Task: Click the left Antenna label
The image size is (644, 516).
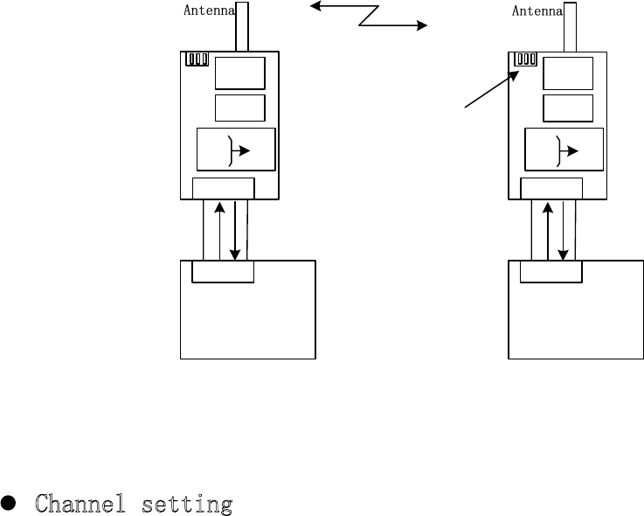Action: (x=210, y=11)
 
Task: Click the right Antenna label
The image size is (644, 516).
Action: (x=537, y=11)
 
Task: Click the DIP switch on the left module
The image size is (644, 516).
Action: (x=197, y=59)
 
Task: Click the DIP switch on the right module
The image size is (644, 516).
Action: (x=525, y=59)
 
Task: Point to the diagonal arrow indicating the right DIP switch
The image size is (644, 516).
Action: (x=488, y=91)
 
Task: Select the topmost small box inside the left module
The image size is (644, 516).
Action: (x=240, y=73)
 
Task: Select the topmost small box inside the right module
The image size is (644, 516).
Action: (x=568, y=73)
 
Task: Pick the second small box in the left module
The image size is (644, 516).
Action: (x=240, y=108)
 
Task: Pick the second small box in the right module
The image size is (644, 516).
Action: (x=568, y=108)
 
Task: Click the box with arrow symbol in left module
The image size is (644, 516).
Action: (x=236, y=150)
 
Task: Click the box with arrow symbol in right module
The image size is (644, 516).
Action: (x=564, y=150)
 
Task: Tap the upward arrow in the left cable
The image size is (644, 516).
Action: (x=218, y=232)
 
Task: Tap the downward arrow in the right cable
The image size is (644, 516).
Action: (x=563, y=232)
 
